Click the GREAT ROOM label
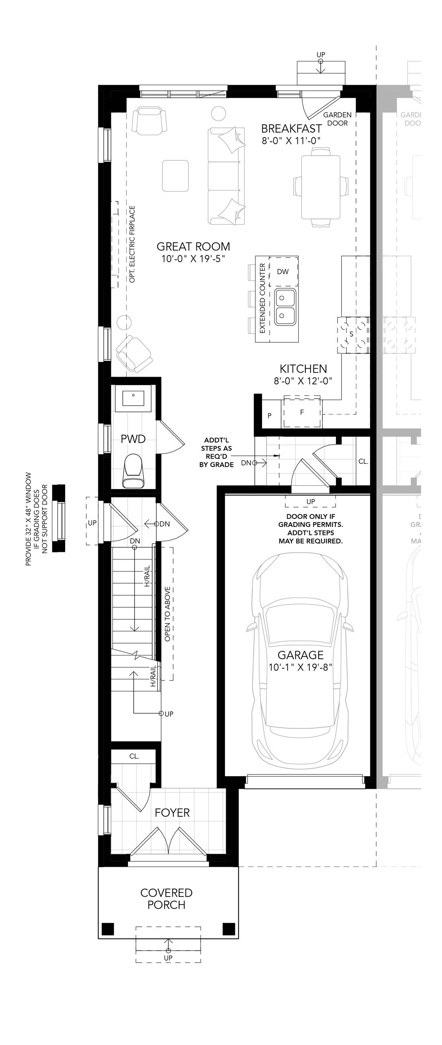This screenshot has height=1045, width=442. coord(193,247)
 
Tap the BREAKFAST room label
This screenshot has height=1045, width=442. coord(291,129)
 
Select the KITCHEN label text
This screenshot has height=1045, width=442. coord(303,369)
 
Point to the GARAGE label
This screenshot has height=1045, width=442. coord(301,655)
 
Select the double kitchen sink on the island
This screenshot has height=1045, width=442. coord(285,307)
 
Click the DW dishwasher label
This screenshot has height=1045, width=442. coord(282,272)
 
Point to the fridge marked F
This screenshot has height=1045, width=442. coord(302,412)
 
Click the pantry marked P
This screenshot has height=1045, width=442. coord(270,416)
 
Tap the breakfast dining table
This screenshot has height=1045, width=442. coord(321,187)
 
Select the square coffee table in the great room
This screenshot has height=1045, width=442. coord(176,176)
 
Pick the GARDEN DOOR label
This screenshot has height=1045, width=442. coord(338,119)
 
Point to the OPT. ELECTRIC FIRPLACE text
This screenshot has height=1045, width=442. coord(132,244)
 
